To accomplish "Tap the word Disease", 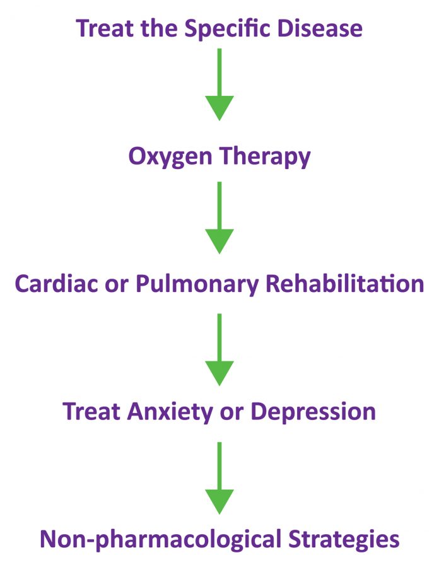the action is [320, 28].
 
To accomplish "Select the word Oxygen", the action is [170, 158].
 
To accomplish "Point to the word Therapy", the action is [265, 158].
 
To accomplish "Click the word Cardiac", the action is [56, 284].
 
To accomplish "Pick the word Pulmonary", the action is [197, 284].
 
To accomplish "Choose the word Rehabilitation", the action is [345, 284].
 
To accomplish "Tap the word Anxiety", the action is [170, 412].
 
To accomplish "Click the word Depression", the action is [313, 412].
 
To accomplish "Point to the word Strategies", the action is [344, 540].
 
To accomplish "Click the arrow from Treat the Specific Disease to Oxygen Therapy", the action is [220, 84].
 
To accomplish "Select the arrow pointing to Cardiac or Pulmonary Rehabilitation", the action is [220, 218].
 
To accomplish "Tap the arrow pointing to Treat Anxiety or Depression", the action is [220, 350].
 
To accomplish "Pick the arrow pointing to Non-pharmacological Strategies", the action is [220, 478].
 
